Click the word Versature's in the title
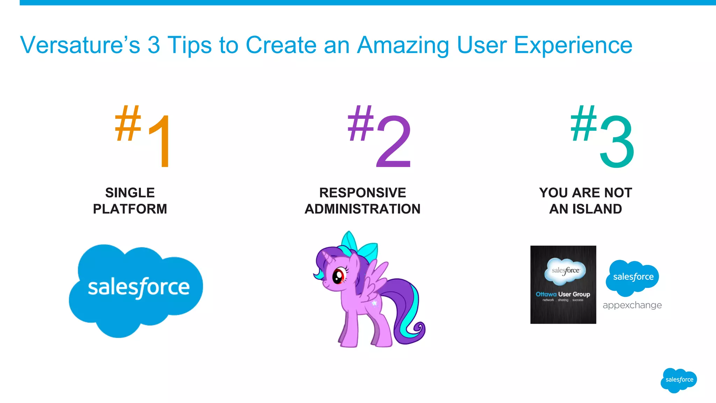tap(80, 45)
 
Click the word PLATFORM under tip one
tap(130, 209)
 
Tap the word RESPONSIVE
tap(363, 193)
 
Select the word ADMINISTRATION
tap(363, 209)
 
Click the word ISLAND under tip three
tap(597, 209)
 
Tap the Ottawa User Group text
tap(563, 294)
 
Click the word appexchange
tap(632, 305)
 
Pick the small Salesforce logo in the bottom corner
tap(679, 380)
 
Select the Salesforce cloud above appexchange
tap(632, 277)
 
